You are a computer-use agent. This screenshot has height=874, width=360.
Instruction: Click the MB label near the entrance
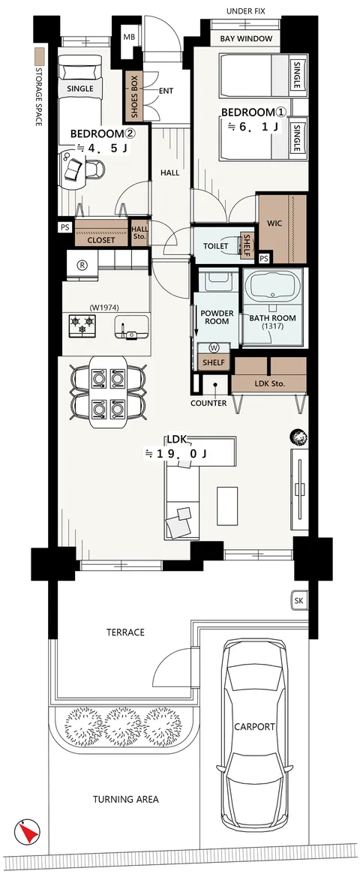coord(129,38)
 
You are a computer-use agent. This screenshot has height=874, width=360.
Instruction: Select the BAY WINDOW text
coord(246,38)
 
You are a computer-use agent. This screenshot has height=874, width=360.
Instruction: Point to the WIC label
coord(274,224)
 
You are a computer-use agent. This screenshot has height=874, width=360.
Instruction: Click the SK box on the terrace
coord(299,601)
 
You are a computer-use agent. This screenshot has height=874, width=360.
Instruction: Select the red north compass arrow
coord(28,832)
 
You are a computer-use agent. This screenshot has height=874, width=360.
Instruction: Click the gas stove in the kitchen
coord(82,326)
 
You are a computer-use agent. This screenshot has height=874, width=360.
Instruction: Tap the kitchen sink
coord(131,327)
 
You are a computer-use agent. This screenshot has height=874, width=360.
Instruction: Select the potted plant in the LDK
coord(298,437)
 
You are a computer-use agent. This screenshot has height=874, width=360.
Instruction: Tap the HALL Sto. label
coord(139,231)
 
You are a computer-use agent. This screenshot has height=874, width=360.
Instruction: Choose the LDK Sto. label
coord(269,383)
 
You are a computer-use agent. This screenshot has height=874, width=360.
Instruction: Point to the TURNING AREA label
coord(125,799)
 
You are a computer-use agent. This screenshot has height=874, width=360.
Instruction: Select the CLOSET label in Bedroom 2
coord(100,240)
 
